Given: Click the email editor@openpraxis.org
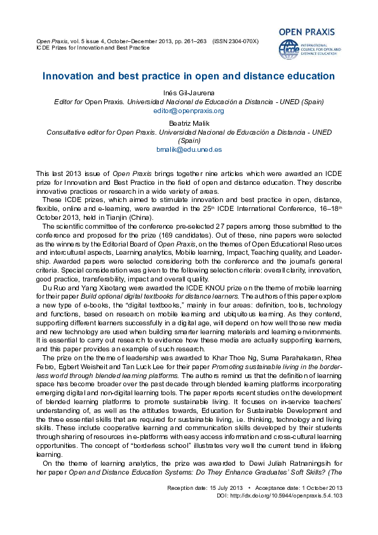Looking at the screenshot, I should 189,111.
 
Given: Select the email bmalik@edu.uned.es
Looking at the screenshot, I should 189,150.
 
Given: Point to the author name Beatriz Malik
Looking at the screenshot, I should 189,123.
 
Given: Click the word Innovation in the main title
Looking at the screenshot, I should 67,76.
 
